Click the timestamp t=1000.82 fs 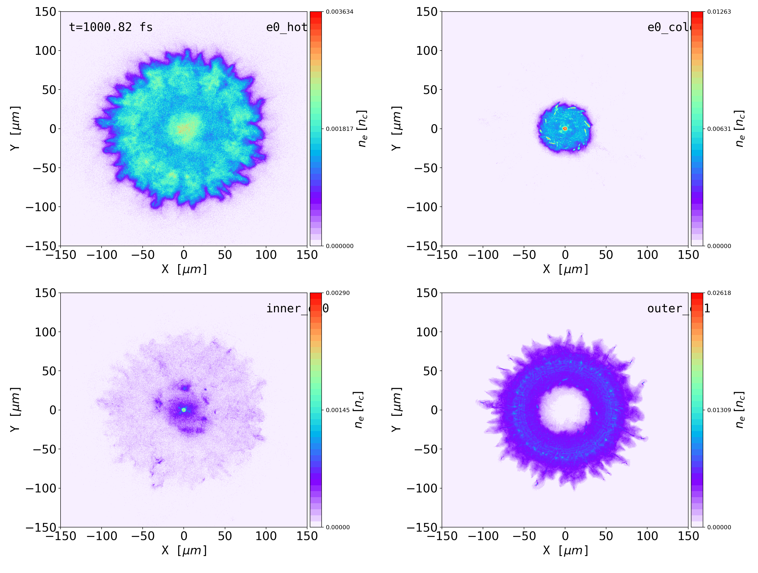click(x=111, y=27)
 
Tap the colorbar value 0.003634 click(x=339, y=12)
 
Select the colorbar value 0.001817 click(x=339, y=129)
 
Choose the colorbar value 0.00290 click(x=337, y=293)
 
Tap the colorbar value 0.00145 click(x=337, y=410)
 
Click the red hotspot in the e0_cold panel click(x=565, y=129)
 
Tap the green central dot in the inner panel click(x=184, y=410)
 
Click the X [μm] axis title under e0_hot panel click(x=184, y=269)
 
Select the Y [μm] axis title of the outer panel click(x=396, y=409)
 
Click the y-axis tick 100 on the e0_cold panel click(x=427, y=51)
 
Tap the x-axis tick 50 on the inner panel click(x=225, y=536)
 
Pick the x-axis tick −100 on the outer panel click(x=483, y=536)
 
